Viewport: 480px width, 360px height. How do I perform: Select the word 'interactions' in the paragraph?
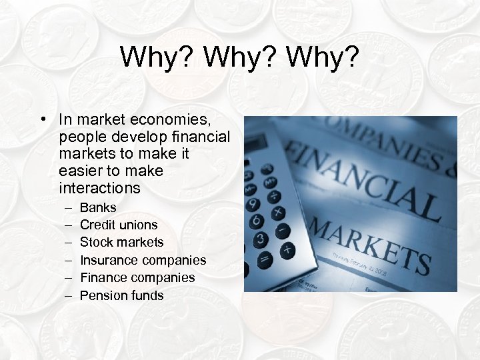coord(100,188)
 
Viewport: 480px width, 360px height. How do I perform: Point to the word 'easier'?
coord(80,171)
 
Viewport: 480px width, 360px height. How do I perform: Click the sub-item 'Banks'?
coord(97,207)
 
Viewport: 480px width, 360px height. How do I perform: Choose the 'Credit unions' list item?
coord(119,225)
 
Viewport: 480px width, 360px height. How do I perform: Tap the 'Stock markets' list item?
coord(121,242)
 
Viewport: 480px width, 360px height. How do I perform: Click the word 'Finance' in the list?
coord(104,277)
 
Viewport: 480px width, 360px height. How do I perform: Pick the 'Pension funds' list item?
coord(121,295)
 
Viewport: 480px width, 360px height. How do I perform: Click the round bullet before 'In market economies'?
coord(42,120)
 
